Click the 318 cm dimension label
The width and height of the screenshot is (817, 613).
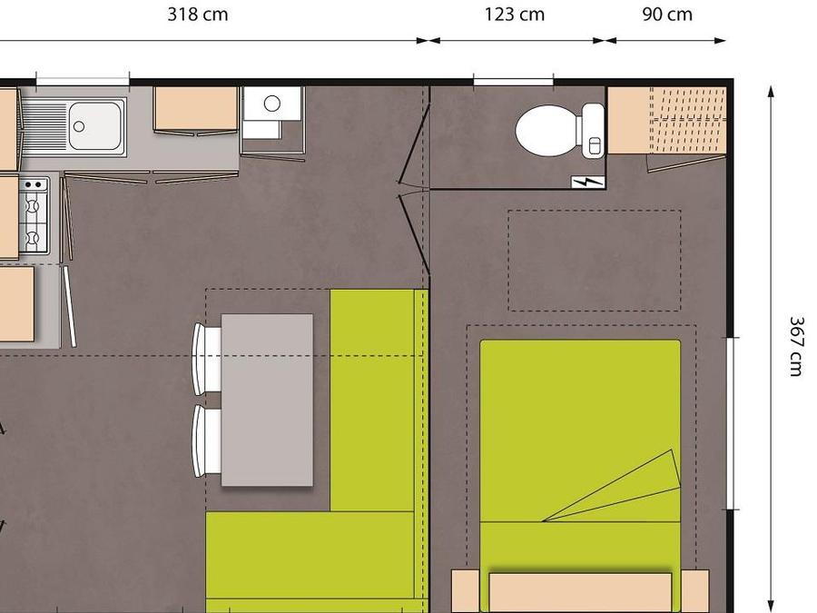198,14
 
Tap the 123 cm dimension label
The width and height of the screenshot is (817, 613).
515,14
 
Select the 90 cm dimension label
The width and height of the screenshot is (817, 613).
667,14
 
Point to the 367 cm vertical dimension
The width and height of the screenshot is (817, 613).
797,346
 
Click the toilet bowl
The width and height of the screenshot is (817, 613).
546,130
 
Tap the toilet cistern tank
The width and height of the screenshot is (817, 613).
593,130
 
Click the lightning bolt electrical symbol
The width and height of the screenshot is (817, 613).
588,182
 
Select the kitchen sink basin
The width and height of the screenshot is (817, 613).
94,126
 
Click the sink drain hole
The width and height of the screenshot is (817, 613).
79,126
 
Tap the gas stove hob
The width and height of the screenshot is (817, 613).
34,215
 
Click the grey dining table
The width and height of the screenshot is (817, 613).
267,400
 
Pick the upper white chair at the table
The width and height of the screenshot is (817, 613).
207,358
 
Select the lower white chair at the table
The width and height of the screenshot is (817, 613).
207,441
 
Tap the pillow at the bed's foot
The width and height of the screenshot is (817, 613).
580,592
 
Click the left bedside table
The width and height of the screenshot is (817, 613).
466,591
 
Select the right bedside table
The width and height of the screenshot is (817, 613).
695,591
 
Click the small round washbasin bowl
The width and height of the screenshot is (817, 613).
272,104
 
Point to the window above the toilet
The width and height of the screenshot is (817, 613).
513,82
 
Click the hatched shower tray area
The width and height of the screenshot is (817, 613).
688,121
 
